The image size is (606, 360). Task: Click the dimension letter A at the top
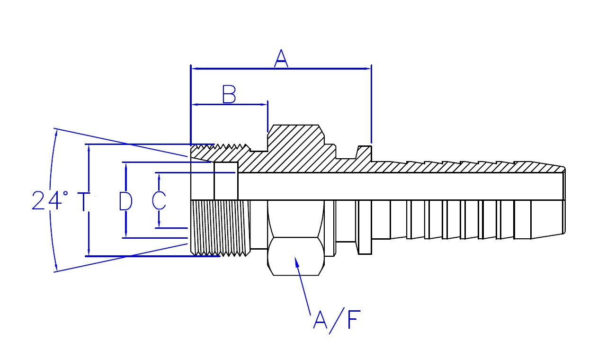click(x=281, y=58)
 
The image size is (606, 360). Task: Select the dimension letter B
click(x=229, y=94)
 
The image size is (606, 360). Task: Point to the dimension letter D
click(x=126, y=201)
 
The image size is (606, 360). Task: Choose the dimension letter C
click(x=159, y=201)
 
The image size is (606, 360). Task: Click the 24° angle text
click(x=50, y=200)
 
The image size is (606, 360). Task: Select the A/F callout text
click(x=337, y=321)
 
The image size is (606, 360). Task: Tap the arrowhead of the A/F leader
click(x=296, y=261)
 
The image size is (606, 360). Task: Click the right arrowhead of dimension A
click(x=368, y=69)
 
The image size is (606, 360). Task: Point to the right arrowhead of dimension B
click(x=264, y=105)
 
